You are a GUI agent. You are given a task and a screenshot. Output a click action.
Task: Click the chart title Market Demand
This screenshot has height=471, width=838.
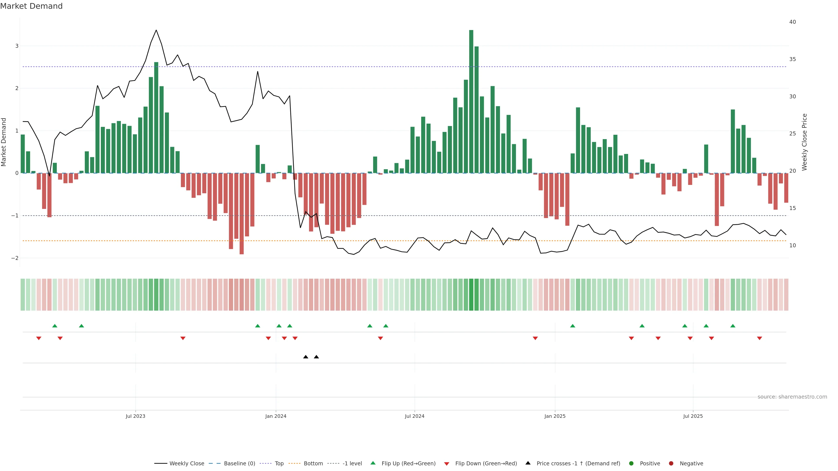click(x=31, y=6)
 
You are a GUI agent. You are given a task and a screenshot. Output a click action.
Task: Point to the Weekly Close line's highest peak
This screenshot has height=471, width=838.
click(x=156, y=30)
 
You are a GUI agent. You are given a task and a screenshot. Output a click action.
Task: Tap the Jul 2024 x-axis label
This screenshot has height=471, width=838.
click(x=414, y=416)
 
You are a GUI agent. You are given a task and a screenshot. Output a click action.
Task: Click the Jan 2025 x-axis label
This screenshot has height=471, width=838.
click(x=555, y=416)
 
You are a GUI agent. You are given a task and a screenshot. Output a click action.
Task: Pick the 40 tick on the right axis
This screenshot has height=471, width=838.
click(x=792, y=22)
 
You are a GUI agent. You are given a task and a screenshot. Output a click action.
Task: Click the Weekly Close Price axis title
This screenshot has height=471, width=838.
click(x=804, y=142)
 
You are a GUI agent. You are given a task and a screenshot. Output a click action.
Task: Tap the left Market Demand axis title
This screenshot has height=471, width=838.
click(x=4, y=142)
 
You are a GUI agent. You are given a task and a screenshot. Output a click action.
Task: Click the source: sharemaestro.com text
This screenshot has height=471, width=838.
click(x=792, y=397)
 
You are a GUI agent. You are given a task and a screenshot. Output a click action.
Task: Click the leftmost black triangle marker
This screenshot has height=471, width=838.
click(x=306, y=357)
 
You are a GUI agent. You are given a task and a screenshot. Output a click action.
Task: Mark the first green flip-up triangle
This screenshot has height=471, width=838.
click(x=55, y=326)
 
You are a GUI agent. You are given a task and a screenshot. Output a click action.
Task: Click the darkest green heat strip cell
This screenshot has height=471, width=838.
click(x=471, y=295)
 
